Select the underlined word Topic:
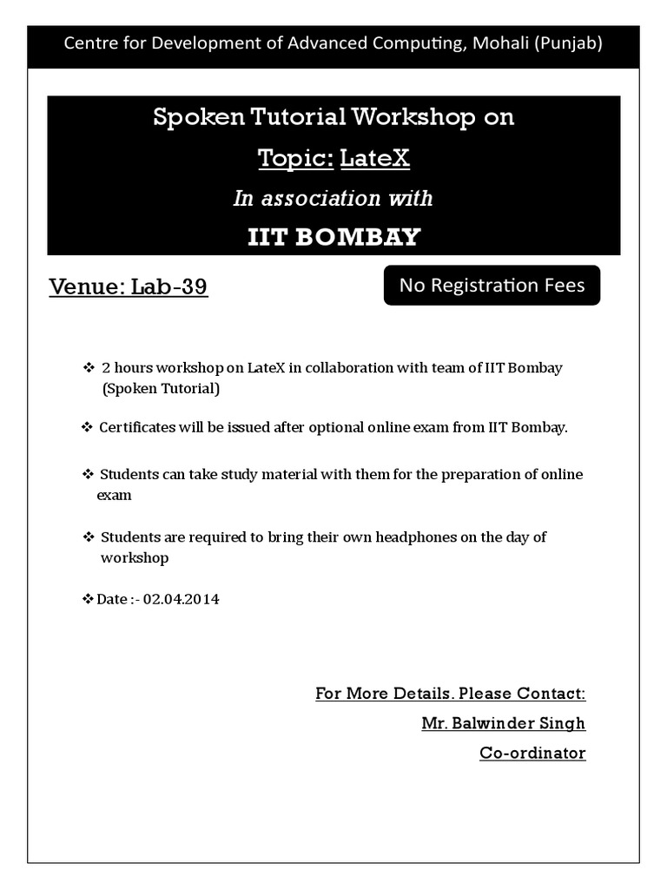tap(295, 158)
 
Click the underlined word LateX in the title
tap(374, 158)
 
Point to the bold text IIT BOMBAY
tap(333, 236)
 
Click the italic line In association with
tap(333, 198)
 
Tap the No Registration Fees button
tap(492, 285)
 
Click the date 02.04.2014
tap(181, 599)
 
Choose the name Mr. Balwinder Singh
tap(503, 723)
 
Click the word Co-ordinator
tap(532, 753)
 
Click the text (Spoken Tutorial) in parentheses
tap(161, 388)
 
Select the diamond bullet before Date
tap(87, 599)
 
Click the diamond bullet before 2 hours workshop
tap(88, 367)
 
